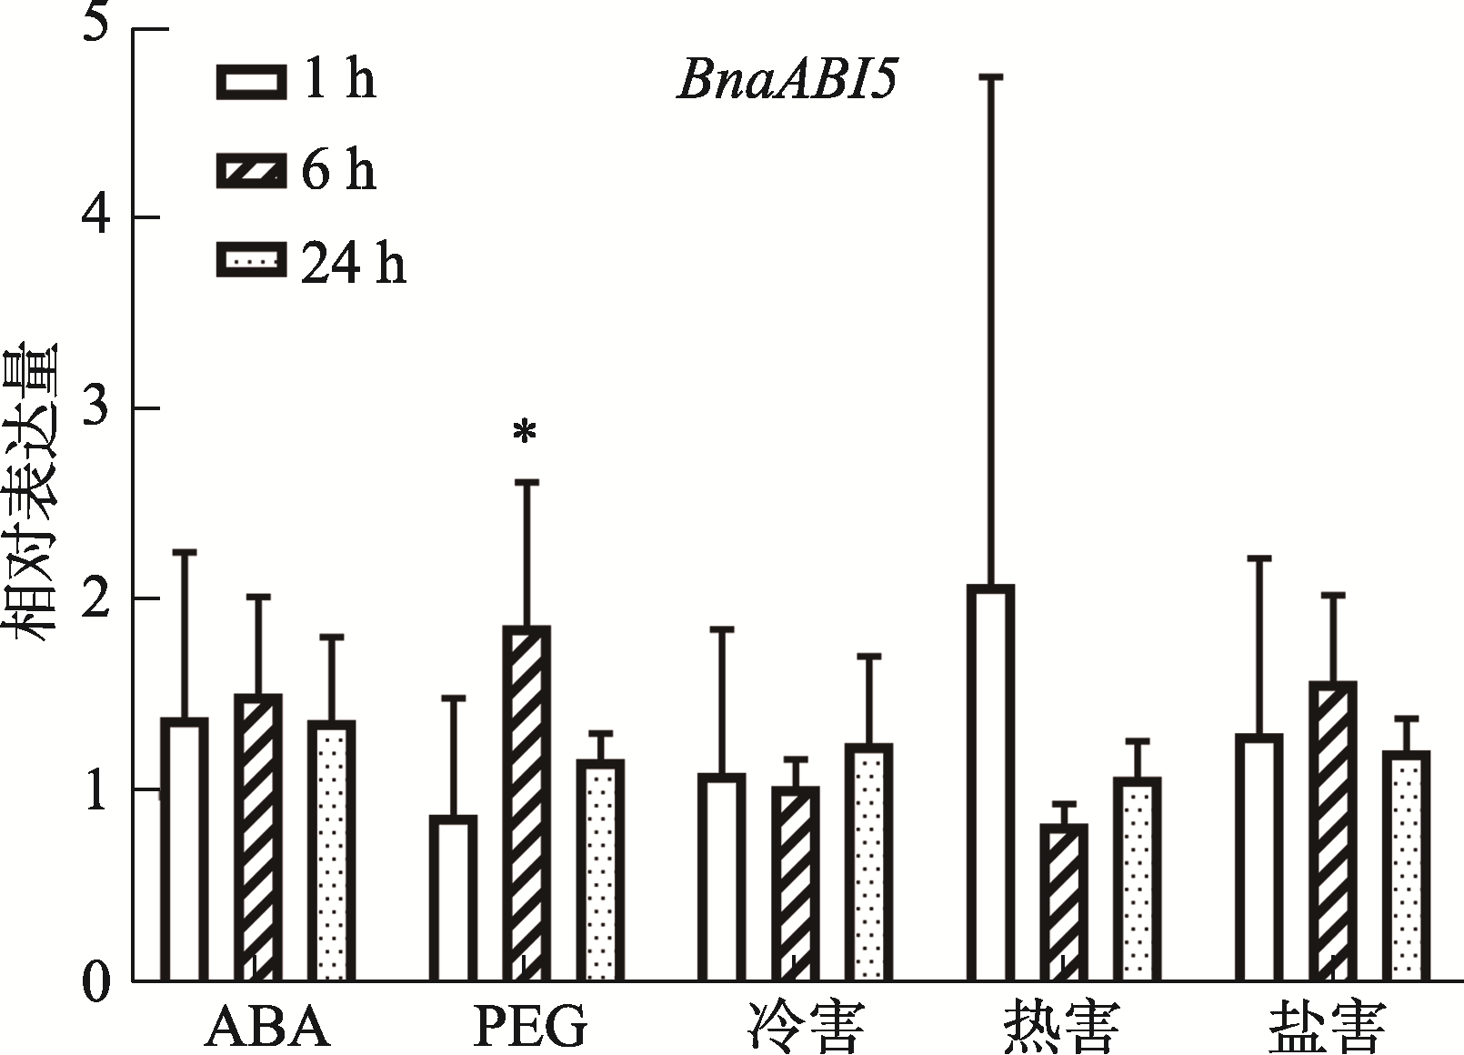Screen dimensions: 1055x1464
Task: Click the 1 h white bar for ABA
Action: coord(184,849)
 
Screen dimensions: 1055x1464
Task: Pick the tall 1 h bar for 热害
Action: coord(990,783)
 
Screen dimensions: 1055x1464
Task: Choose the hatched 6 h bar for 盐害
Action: coord(1332,831)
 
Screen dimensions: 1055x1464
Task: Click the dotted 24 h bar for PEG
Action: coord(600,870)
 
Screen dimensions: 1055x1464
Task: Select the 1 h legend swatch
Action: coord(250,80)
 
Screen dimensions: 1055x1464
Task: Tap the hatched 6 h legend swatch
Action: coord(250,171)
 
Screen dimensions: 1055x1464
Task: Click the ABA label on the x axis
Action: coord(266,1027)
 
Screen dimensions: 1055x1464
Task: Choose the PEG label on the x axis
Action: coord(530,1027)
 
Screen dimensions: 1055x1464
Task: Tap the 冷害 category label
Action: coord(804,1027)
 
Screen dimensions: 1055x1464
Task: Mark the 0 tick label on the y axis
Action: coord(95,982)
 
